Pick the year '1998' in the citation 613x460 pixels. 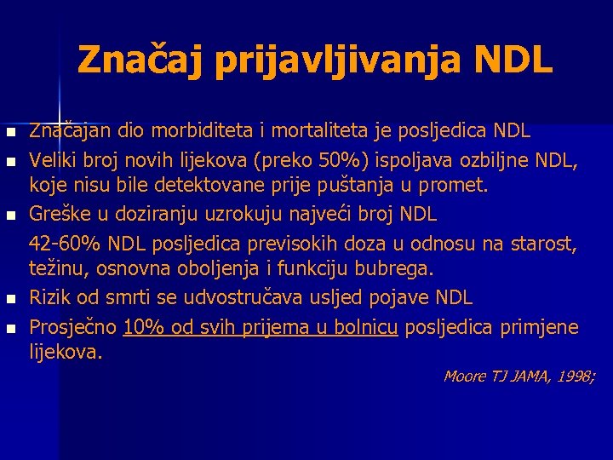pyautogui.click(x=571, y=376)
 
